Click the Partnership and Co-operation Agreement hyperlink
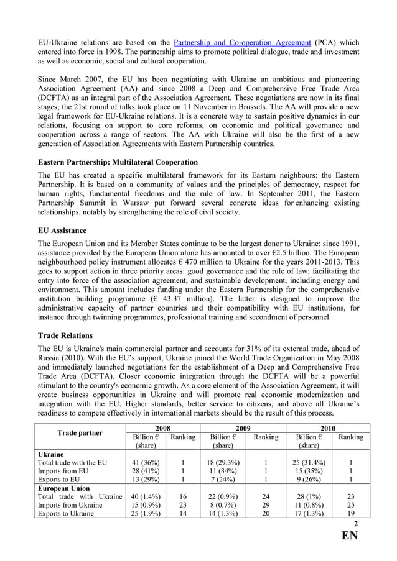[241, 42]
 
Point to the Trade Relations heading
[65, 335]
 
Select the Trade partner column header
[80, 432]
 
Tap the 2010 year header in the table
[327, 428]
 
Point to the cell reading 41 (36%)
[146, 462]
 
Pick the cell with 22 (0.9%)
[226, 497]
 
